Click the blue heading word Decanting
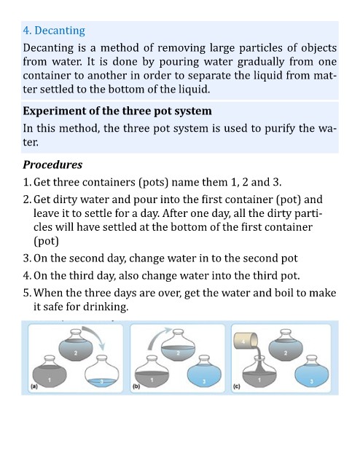[x=60, y=31]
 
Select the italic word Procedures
[x=52, y=165]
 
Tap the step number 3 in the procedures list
[x=27, y=258]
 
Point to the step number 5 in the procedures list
[x=27, y=293]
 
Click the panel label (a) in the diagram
[x=34, y=387]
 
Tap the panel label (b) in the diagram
[x=136, y=387]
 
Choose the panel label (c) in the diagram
[x=237, y=387]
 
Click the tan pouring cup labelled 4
[x=246, y=341]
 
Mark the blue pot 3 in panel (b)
[x=204, y=371]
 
